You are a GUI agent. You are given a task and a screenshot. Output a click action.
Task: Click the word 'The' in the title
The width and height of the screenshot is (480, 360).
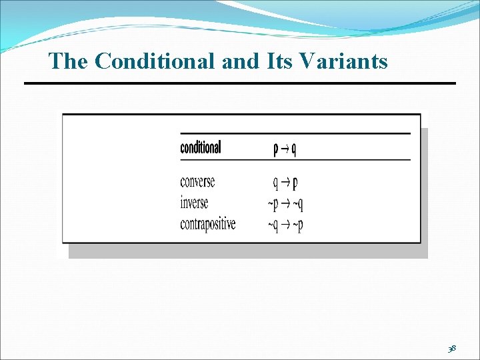(68, 61)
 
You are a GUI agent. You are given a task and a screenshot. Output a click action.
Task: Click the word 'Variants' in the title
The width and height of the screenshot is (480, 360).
(344, 61)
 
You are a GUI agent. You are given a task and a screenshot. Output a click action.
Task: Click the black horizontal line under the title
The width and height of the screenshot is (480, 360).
(240, 83)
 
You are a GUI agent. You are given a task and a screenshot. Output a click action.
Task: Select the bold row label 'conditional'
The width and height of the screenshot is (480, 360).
(200, 147)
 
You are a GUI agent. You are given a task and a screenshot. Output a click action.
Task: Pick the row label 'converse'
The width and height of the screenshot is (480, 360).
(197, 181)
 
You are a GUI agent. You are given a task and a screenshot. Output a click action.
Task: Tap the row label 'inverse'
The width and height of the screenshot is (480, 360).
(194, 203)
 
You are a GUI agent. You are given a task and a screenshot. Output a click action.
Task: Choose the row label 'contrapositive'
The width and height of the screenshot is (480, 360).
(207, 224)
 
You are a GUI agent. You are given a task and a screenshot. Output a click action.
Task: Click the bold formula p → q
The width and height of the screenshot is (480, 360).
(285, 149)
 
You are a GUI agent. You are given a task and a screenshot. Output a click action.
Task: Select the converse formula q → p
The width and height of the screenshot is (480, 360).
(285, 183)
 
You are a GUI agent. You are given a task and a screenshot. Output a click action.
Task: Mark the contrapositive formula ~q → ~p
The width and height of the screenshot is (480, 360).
(285, 225)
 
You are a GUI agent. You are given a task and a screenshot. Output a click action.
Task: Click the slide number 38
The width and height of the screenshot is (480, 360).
(452, 348)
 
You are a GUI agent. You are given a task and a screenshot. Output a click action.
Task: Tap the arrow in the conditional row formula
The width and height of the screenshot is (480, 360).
(285, 149)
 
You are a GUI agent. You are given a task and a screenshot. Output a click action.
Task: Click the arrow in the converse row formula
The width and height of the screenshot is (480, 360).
(285, 183)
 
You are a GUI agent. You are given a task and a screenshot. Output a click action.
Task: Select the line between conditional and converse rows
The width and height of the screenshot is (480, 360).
(295, 160)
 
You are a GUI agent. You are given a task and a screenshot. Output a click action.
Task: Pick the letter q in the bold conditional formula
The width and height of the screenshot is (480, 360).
(293, 149)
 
